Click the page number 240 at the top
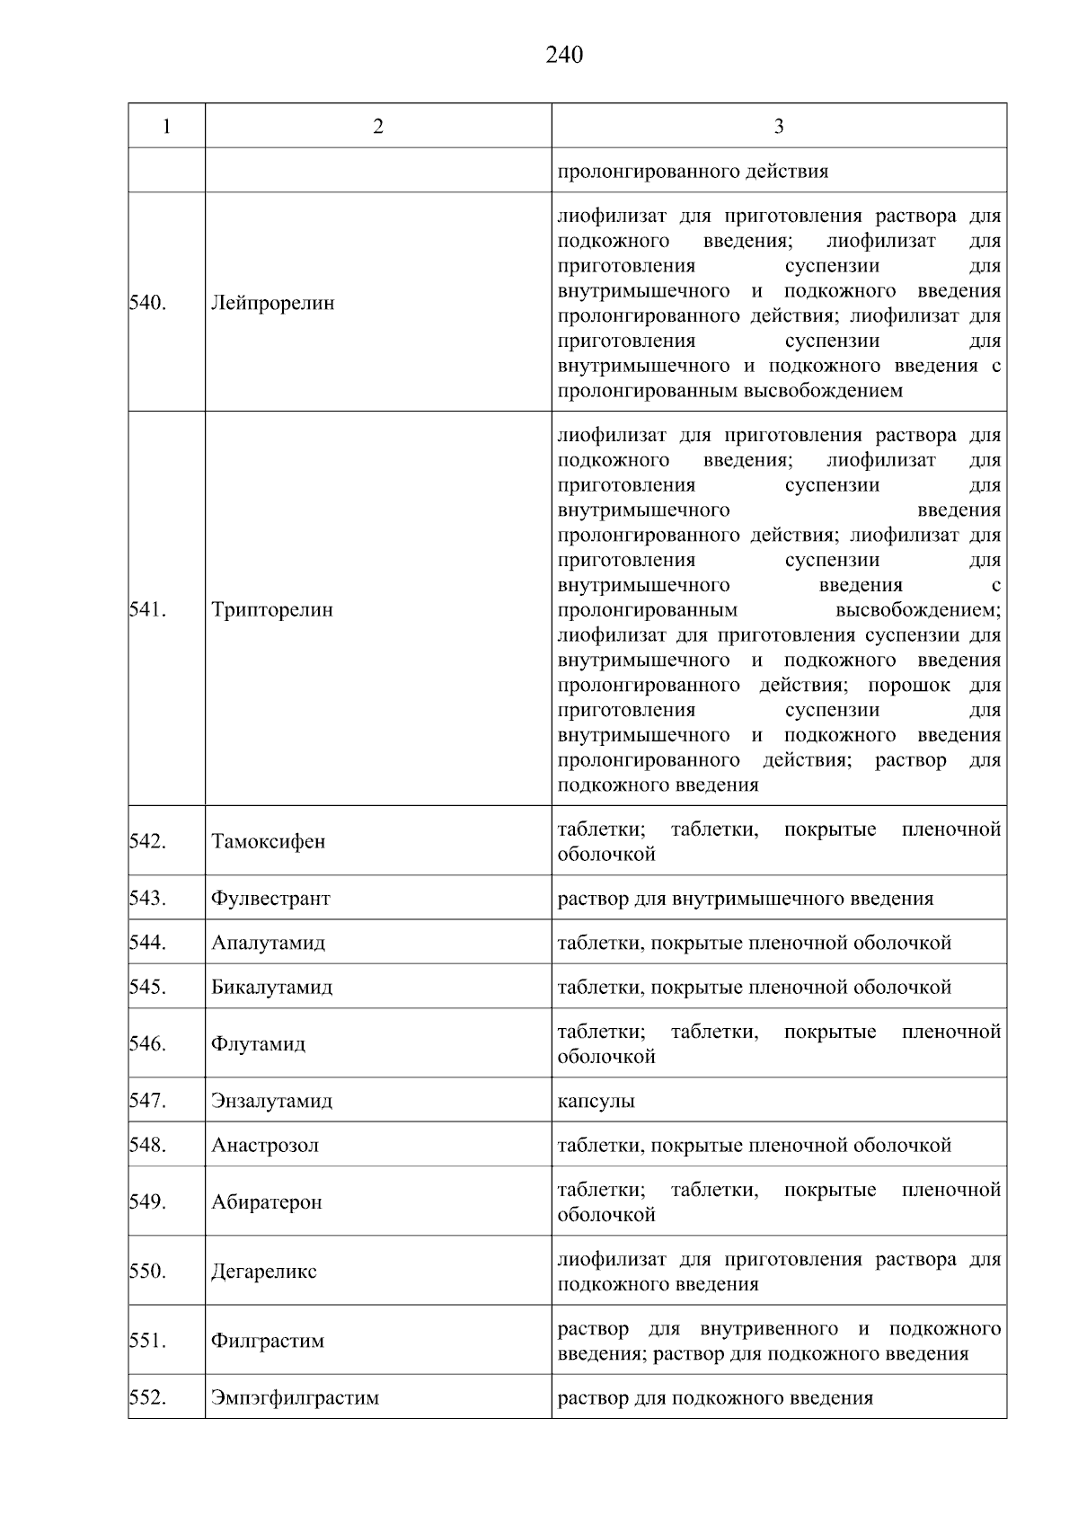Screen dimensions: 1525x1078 (x=564, y=56)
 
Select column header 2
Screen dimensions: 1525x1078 (x=378, y=127)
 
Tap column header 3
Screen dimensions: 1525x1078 (x=778, y=127)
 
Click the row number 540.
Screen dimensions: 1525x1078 (x=147, y=303)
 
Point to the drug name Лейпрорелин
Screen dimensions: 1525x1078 (x=272, y=303)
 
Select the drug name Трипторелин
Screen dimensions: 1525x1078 (x=272, y=609)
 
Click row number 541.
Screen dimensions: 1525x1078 (x=147, y=609)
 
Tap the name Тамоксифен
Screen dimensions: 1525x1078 (x=269, y=842)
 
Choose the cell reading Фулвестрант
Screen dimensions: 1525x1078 (x=270, y=899)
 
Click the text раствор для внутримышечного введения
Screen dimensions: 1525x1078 (x=745, y=899)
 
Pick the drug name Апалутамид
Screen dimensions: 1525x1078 (x=269, y=943)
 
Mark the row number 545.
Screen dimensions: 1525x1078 (x=147, y=987)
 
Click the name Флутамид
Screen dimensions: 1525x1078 (x=258, y=1044)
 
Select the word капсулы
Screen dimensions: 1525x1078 (x=596, y=1101)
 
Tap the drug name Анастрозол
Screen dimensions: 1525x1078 (x=265, y=1146)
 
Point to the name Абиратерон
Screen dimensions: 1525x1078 (x=267, y=1202)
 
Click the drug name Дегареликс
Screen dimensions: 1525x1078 (x=264, y=1272)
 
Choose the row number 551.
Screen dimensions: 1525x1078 (x=147, y=1341)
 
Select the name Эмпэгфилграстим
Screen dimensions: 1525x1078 (x=295, y=1398)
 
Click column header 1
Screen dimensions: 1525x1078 (x=166, y=127)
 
